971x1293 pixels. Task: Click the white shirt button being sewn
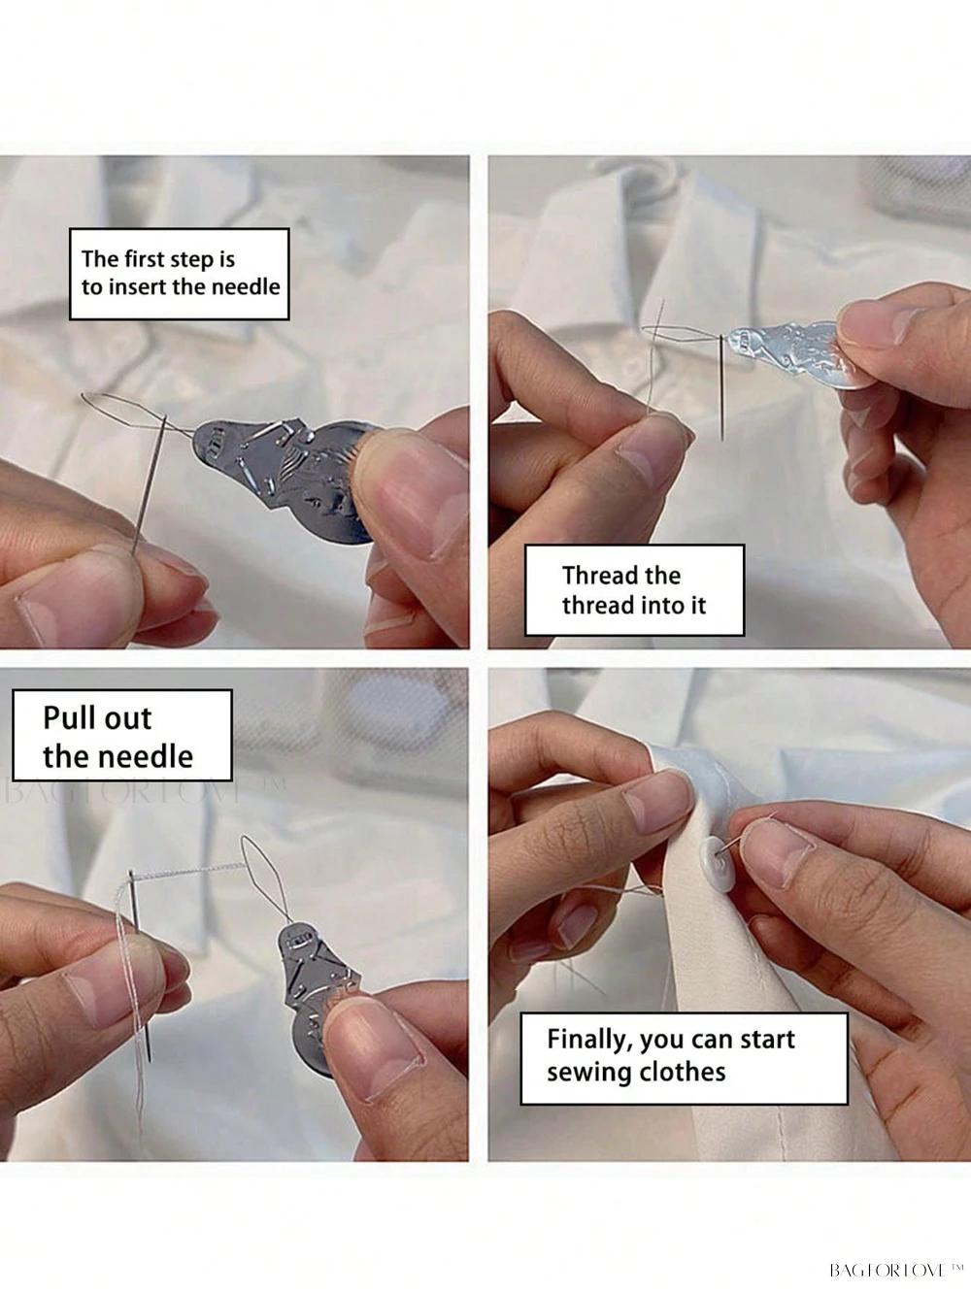point(718,863)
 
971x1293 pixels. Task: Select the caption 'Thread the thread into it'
point(634,589)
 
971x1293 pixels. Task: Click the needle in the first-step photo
point(151,483)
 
